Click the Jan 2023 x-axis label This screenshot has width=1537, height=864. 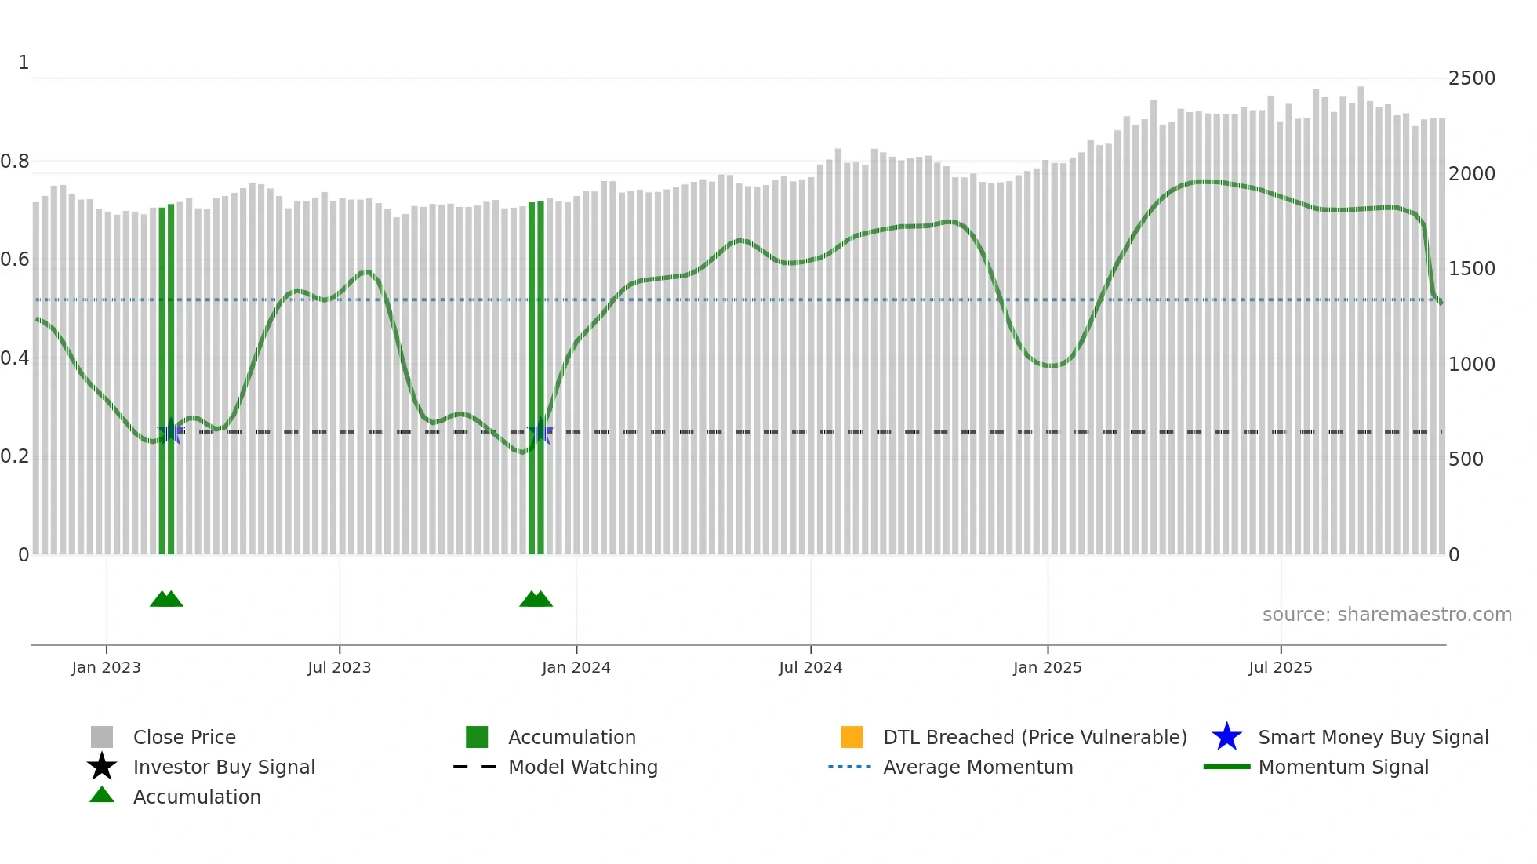pyautogui.click(x=106, y=667)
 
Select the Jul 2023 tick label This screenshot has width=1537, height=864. pyautogui.click(x=339, y=667)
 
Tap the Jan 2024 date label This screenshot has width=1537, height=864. pyautogui.click(x=576, y=667)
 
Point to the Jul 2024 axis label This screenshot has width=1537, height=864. pyautogui.click(x=810, y=667)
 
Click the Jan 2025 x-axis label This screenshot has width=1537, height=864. pyautogui.click(x=1047, y=667)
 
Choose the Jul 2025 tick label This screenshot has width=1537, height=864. pyautogui.click(x=1280, y=667)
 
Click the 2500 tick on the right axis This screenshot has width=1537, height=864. pyautogui.click(x=1471, y=78)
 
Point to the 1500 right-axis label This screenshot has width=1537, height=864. pyautogui.click(x=1471, y=269)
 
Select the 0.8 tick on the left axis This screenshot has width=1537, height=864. pyautogui.click(x=15, y=162)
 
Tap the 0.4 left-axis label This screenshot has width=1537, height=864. pyautogui.click(x=15, y=358)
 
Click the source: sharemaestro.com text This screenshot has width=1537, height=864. pyautogui.click(x=1386, y=615)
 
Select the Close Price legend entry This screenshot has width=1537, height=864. pyautogui.click(x=184, y=737)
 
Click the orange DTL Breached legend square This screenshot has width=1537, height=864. pyautogui.click(x=852, y=737)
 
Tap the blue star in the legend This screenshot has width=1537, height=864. pyautogui.click(x=1226, y=737)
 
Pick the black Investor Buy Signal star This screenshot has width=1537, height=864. pyautogui.click(x=102, y=767)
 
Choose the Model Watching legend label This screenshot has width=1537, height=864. pyautogui.click(x=583, y=767)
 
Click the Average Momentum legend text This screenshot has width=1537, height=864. pyautogui.click(x=978, y=767)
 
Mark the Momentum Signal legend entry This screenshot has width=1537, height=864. pyautogui.click(x=1343, y=767)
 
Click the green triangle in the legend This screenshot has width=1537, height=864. pyautogui.click(x=102, y=795)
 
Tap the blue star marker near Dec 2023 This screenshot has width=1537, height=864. pyautogui.click(x=540, y=432)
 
